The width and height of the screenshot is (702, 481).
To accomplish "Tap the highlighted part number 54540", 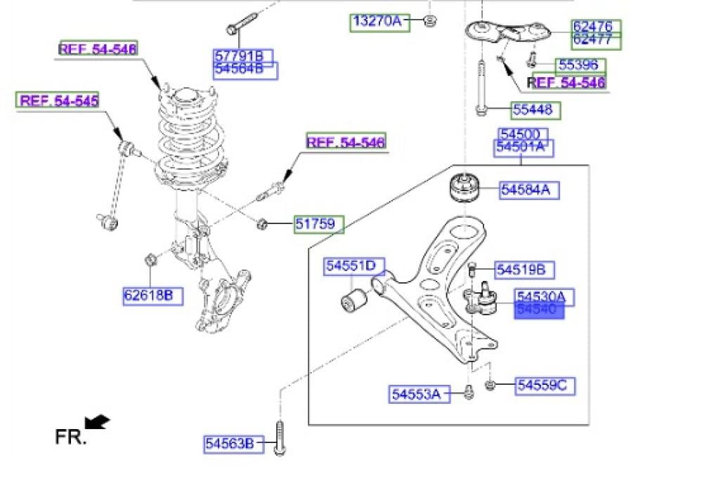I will (539, 310).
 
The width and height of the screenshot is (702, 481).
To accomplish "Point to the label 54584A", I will (530, 190).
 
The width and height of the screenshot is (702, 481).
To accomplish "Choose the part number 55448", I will (536, 110).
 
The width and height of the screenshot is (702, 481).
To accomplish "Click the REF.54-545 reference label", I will (58, 100).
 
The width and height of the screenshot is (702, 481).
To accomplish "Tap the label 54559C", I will (545, 385).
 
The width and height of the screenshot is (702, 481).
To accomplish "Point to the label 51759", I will (318, 225).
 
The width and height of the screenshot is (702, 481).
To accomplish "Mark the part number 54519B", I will (525, 270).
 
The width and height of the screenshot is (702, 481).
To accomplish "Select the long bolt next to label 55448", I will (481, 88).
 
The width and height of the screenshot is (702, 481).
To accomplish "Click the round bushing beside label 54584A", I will (464, 186).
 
